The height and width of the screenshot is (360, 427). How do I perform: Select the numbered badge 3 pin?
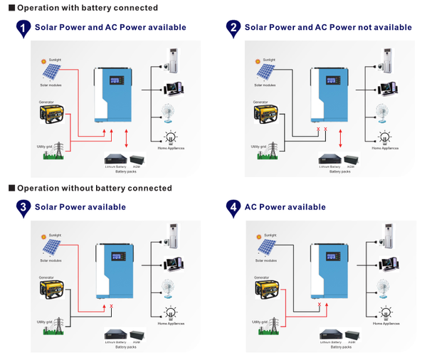pyautogui.click(x=23, y=208)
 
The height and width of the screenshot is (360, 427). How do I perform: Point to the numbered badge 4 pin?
pyautogui.click(x=233, y=208)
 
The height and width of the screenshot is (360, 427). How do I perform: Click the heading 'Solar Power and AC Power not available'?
pyautogui.click(x=328, y=27)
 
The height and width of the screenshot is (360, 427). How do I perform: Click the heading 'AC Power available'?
pyautogui.click(x=285, y=207)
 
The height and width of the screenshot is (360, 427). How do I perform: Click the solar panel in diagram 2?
pyautogui.click(x=265, y=72)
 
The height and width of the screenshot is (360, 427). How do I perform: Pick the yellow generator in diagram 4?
pyautogui.click(x=268, y=291)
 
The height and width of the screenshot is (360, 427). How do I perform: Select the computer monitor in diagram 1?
pyautogui.click(x=172, y=88)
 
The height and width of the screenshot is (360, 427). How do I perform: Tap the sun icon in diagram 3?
pyautogui.click(x=44, y=236)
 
